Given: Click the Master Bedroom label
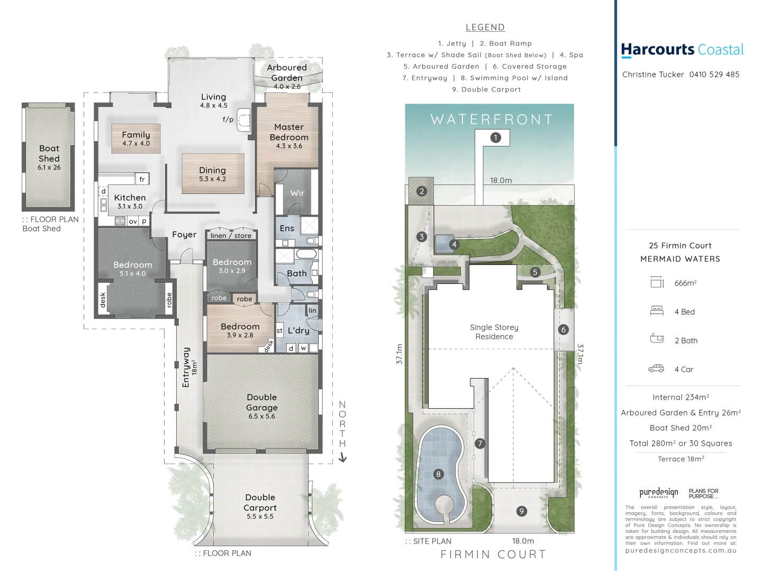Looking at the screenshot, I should [x=289, y=132].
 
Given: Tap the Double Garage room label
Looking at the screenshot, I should [x=261, y=402].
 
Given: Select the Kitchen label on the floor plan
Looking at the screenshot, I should [x=130, y=198].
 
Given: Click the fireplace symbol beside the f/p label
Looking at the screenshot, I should [x=243, y=121].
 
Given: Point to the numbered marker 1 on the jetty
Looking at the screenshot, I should [x=495, y=137].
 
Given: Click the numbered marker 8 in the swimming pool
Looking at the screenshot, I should [x=438, y=474].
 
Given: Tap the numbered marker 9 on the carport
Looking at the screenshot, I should [x=522, y=511].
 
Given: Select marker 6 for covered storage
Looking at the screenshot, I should [x=563, y=329].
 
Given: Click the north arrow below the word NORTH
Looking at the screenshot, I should [x=342, y=458].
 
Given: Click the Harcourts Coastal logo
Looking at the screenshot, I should [x=682, y=50].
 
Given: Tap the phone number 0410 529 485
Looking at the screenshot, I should [x=714, y=75].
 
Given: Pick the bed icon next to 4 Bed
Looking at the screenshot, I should [x=657, y=311].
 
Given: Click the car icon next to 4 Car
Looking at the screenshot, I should [x=656, y=369].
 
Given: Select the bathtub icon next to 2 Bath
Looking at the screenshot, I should [x=657, y=338].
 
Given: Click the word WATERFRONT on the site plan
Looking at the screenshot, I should [x=492, y=119].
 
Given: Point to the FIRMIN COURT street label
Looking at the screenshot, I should [x=493, y=554].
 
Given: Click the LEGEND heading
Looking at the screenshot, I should [x=485, y=27].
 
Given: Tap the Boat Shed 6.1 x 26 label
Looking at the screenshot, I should [x=49, y=157].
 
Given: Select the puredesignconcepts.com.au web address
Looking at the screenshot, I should [x=681, y=550].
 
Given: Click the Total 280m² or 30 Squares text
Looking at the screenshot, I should [x=681, y=443].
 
